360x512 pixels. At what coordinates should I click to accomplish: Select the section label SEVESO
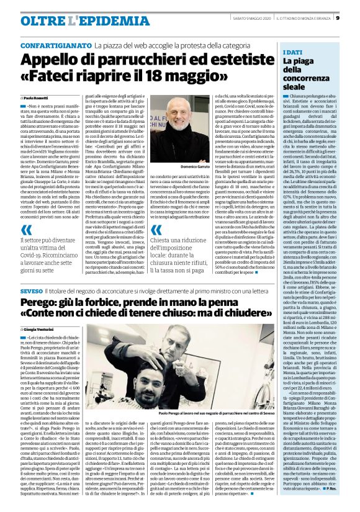[x=31, y=291]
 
